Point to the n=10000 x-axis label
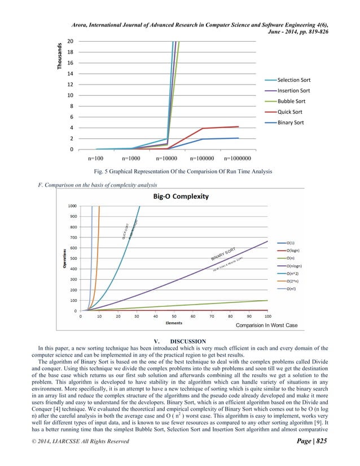coord(168,159)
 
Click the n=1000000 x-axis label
coord(240,159)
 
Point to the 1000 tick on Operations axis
coord(73,206)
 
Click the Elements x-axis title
coord(173,323)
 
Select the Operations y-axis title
coord(66,258)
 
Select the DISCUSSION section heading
coord(179,341)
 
